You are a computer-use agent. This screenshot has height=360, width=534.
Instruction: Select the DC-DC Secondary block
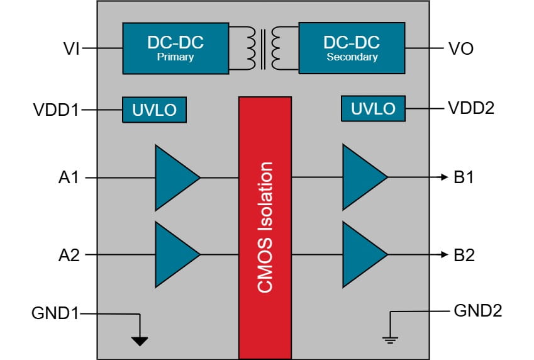click(x=352, y=48)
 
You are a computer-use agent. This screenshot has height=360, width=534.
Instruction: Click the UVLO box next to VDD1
click(x=154, y=110)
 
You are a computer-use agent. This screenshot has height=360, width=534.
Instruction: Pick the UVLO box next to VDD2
click(x=373, y=108)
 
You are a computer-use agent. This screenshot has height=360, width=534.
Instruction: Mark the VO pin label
click(x=461, y=48)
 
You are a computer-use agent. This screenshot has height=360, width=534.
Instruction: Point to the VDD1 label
click(x=56, y=110)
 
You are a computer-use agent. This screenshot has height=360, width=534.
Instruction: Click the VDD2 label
click(x=471, y=108)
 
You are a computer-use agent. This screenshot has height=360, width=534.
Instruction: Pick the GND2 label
click(x=477, y=310)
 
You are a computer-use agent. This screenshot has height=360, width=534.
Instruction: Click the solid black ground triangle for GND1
click(x=139, y=341)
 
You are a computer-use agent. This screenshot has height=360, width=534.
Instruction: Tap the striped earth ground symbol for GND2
click(x=391, y=339)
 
